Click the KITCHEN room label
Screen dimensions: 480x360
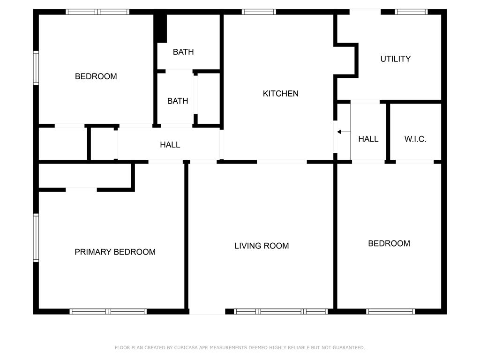(x=280, y=93)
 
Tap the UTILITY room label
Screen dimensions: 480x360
(x=396, y=59)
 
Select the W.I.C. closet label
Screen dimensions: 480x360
(x=415, y=139)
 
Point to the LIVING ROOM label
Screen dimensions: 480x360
(x=262, y=246)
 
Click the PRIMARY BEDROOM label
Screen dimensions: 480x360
(x=115, y=252)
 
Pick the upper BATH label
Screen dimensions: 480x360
(x=183, y=52)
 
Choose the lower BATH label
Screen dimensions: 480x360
(x=178, y=101)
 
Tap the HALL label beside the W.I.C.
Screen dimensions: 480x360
(x=368, y=139)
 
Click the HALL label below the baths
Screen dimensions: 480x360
(x=170, y=144)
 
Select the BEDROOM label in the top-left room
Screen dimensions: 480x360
(x=96, y=76)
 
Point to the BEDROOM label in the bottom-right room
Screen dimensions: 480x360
(x=389, y=243)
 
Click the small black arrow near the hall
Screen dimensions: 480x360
(x=344, y=132)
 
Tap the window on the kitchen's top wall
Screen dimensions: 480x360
(x=259, y=12)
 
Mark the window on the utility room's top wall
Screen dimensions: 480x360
(x=411, y=12)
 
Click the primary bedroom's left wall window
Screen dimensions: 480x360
(x=36, y=238)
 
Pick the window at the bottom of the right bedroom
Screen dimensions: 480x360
(x=390, y=312)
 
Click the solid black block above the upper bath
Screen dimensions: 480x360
(x=160, y=28)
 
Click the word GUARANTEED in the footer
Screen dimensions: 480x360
(x=349, y=347)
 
